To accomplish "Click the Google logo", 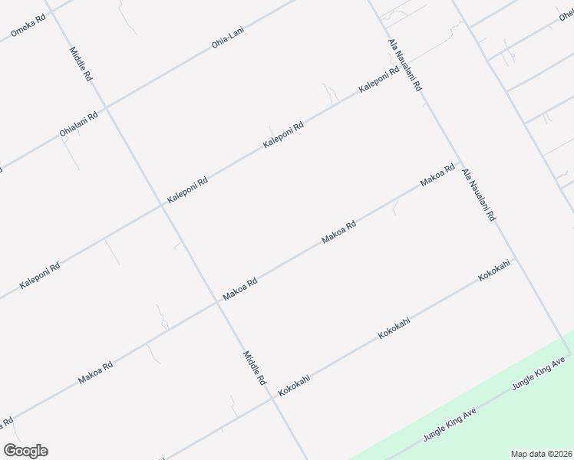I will tap(25, 451).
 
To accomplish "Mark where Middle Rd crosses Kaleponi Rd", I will tap(163, 205).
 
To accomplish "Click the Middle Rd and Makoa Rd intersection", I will tap(219, 301).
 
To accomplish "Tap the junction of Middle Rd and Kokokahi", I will tap(274, 397).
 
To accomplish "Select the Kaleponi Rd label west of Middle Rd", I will tap(40, 276).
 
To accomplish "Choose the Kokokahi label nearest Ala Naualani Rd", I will tap(494, 274).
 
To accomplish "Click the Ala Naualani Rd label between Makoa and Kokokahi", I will tap(478, 196).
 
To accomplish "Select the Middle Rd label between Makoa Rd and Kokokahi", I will tap(254, 367).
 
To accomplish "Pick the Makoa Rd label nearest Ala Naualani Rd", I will tap(437, 176).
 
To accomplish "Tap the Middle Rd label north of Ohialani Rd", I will tap(81, 64).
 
